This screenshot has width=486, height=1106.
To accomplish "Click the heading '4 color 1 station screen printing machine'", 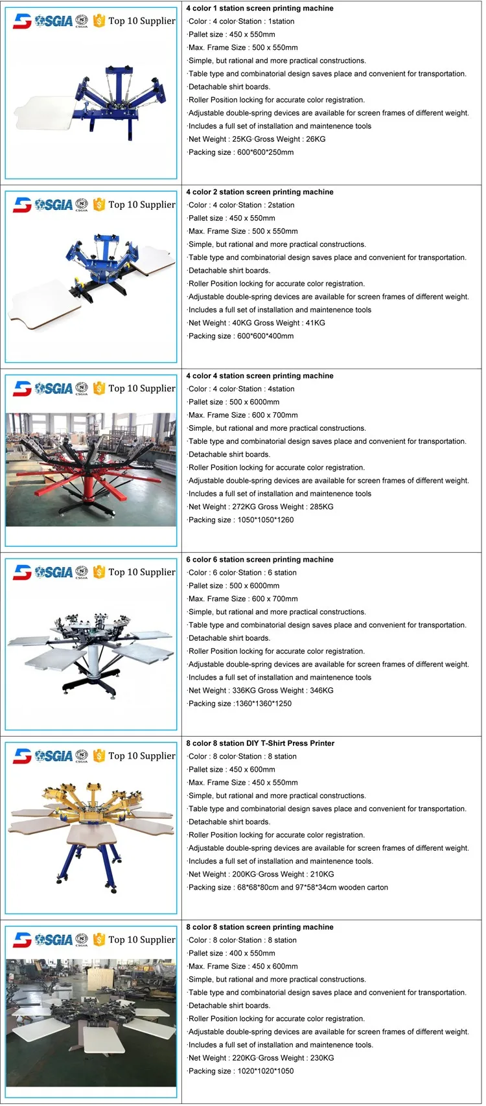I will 260,8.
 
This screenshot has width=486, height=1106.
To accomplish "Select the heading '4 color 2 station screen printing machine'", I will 260,192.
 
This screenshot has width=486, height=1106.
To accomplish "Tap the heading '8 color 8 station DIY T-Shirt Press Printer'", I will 260,743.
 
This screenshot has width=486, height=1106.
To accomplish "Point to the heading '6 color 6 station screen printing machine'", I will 260,559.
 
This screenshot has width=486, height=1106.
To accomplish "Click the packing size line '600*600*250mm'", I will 241,152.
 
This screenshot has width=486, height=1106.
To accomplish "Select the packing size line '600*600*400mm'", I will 241,336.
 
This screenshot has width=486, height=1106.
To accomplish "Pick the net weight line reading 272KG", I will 260,507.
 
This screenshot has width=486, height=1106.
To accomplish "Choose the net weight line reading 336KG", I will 260,690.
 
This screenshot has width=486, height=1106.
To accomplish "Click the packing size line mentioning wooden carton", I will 288,887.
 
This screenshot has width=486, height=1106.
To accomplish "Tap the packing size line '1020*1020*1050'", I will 241,1071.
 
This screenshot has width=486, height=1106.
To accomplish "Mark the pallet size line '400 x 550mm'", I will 232,953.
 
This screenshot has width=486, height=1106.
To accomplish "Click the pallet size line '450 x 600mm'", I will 232,769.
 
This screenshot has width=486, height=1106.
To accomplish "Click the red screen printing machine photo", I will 91,470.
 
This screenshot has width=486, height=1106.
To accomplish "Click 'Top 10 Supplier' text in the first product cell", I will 142,21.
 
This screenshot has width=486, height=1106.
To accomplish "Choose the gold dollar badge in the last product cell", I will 99,939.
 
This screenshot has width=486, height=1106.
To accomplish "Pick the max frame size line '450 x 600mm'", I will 243,966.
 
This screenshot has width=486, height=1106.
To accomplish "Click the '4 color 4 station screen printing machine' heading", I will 260,376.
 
